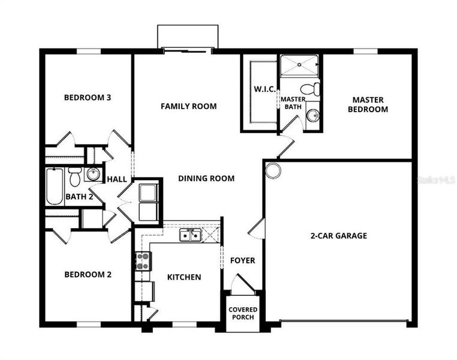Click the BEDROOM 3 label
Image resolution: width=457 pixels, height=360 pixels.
(88, 97)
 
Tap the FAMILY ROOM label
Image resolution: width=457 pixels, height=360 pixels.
(188, 106)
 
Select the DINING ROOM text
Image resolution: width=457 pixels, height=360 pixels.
(206, 178)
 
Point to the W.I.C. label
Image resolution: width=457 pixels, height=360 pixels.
(264, 89)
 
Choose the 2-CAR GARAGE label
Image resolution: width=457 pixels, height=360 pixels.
(338, 236)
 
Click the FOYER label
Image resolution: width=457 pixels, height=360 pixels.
(243, 260)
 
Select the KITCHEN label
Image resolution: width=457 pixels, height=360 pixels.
(184, 277)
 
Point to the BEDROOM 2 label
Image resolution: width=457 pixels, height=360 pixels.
(88, 274)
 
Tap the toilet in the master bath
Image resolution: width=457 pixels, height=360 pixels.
(311, 90)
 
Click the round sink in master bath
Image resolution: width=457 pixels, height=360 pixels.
(312, 115)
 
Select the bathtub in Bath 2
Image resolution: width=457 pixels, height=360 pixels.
(55, 187)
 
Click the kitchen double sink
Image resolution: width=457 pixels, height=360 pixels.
(191, 235)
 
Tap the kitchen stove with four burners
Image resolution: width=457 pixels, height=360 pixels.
(143, 261)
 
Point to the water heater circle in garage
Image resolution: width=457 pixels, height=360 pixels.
(273, 170)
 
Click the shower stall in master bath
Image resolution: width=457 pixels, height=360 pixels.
(300, 65)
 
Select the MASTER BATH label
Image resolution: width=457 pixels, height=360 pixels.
(293, 103)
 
